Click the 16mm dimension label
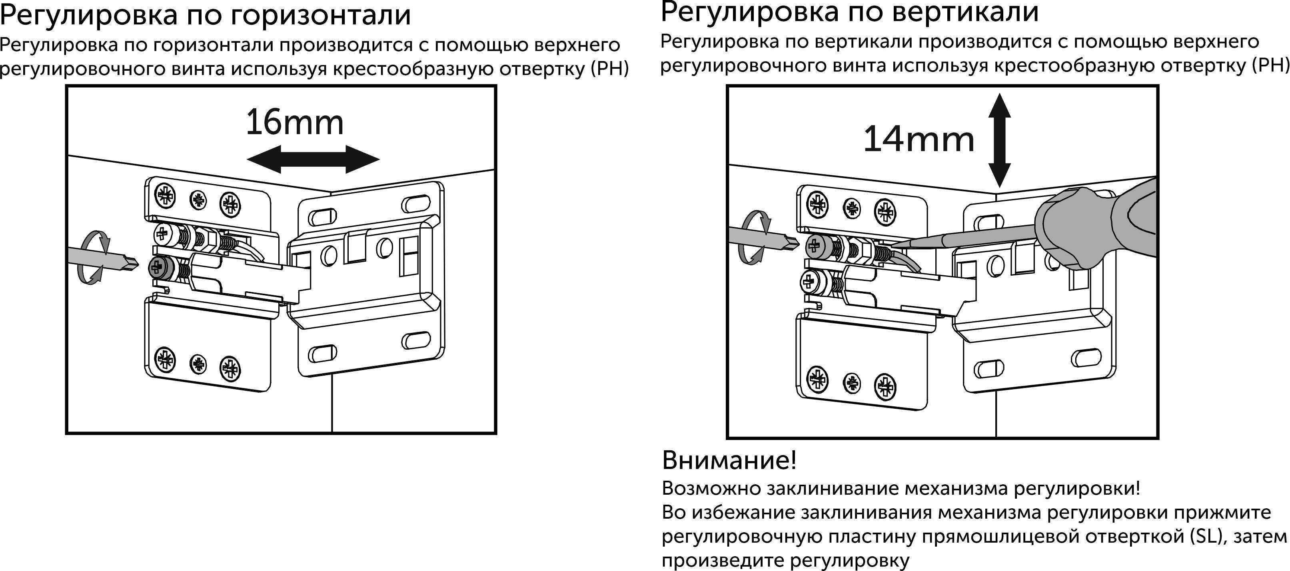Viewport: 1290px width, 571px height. tap(294, 123)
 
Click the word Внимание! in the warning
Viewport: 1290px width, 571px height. tap(729, 460)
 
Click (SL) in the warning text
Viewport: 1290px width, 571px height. tap(1207, 537)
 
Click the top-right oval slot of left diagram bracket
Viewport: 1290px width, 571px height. tap(415, 204)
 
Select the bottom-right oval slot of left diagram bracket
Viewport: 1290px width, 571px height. tap(415, 340)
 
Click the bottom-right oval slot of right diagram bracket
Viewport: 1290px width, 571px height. tap(1087, 357)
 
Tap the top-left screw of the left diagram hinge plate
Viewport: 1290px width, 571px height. tap(165, 194)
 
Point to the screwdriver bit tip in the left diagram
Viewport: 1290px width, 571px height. tap(131, 264)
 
